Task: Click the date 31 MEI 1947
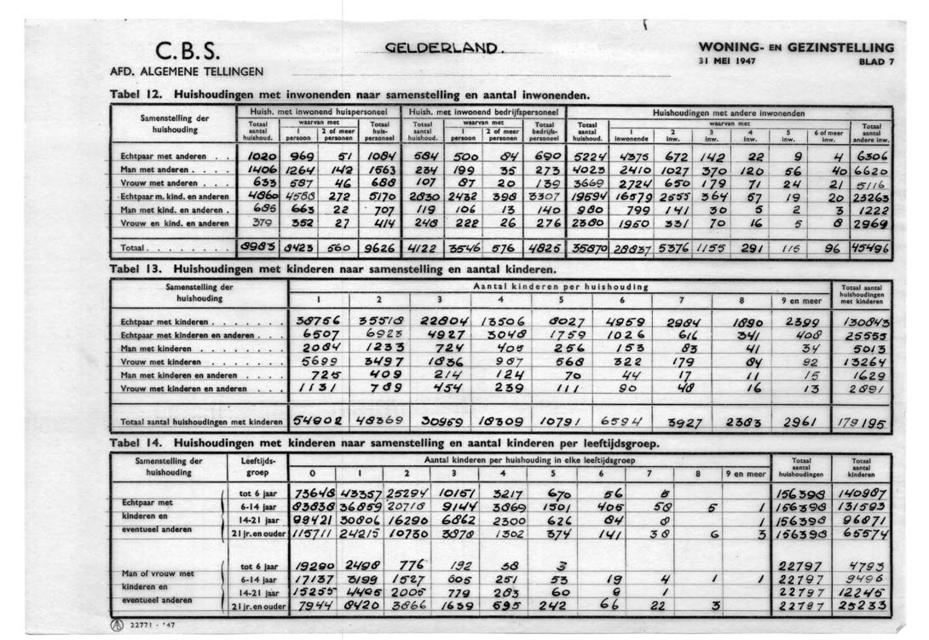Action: coord(726,61)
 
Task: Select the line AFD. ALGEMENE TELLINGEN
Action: coord(186,71)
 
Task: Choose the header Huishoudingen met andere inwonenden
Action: coord(729,112)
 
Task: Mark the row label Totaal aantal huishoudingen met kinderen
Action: coord(201,421)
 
